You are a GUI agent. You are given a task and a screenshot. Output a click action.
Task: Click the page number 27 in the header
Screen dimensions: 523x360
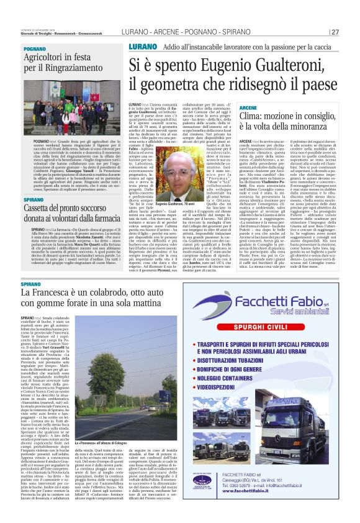(335, 32)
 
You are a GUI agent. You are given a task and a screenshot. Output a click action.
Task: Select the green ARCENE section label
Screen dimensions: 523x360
(249, 108)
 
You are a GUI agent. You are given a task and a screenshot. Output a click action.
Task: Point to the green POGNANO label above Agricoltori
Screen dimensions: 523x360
(35, 48)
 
